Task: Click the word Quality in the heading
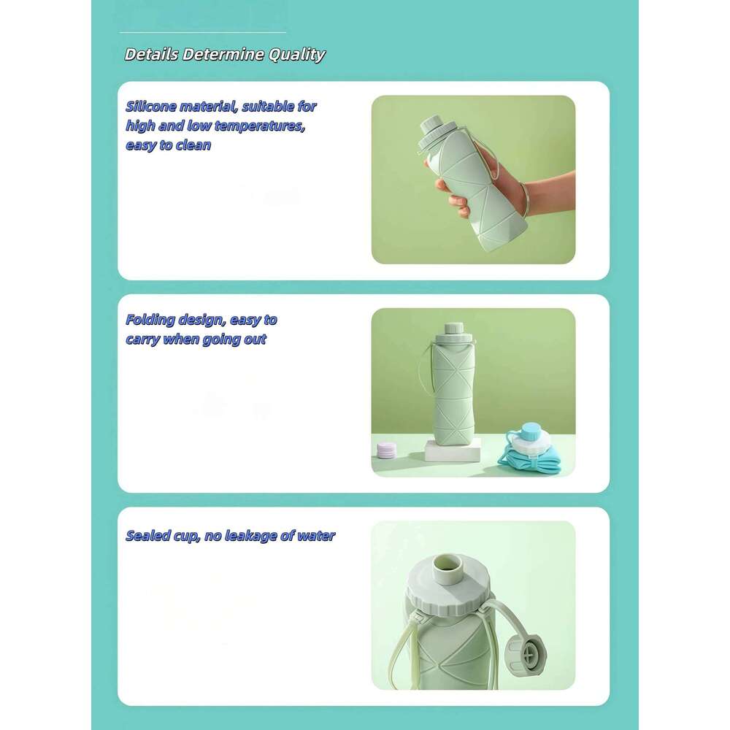pyautogui.click(x=297, y=55)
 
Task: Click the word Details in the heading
pyautogui.click(x=151, y=55)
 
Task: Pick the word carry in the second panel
pyautogui.click(x=142, y=339)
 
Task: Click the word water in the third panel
pyautogui.click(x=316, y=536)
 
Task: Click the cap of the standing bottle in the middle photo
pyautogui.click(x=451, y=331)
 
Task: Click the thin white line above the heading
pyautogui.click(x=203, y=32)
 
